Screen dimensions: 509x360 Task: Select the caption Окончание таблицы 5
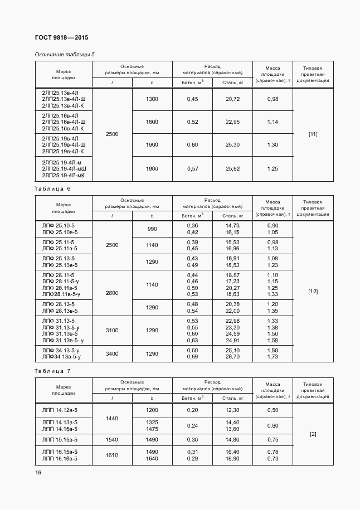point(65,54)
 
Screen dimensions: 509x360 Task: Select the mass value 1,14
point(273,122)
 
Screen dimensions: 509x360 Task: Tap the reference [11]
point(313,134)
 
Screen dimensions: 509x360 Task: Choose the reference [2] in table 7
point(313,434)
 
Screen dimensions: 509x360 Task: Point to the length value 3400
point(112,353)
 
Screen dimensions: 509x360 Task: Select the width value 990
point(152,229)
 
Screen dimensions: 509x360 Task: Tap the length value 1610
point(112,455)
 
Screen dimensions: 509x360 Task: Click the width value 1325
point(152,422)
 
